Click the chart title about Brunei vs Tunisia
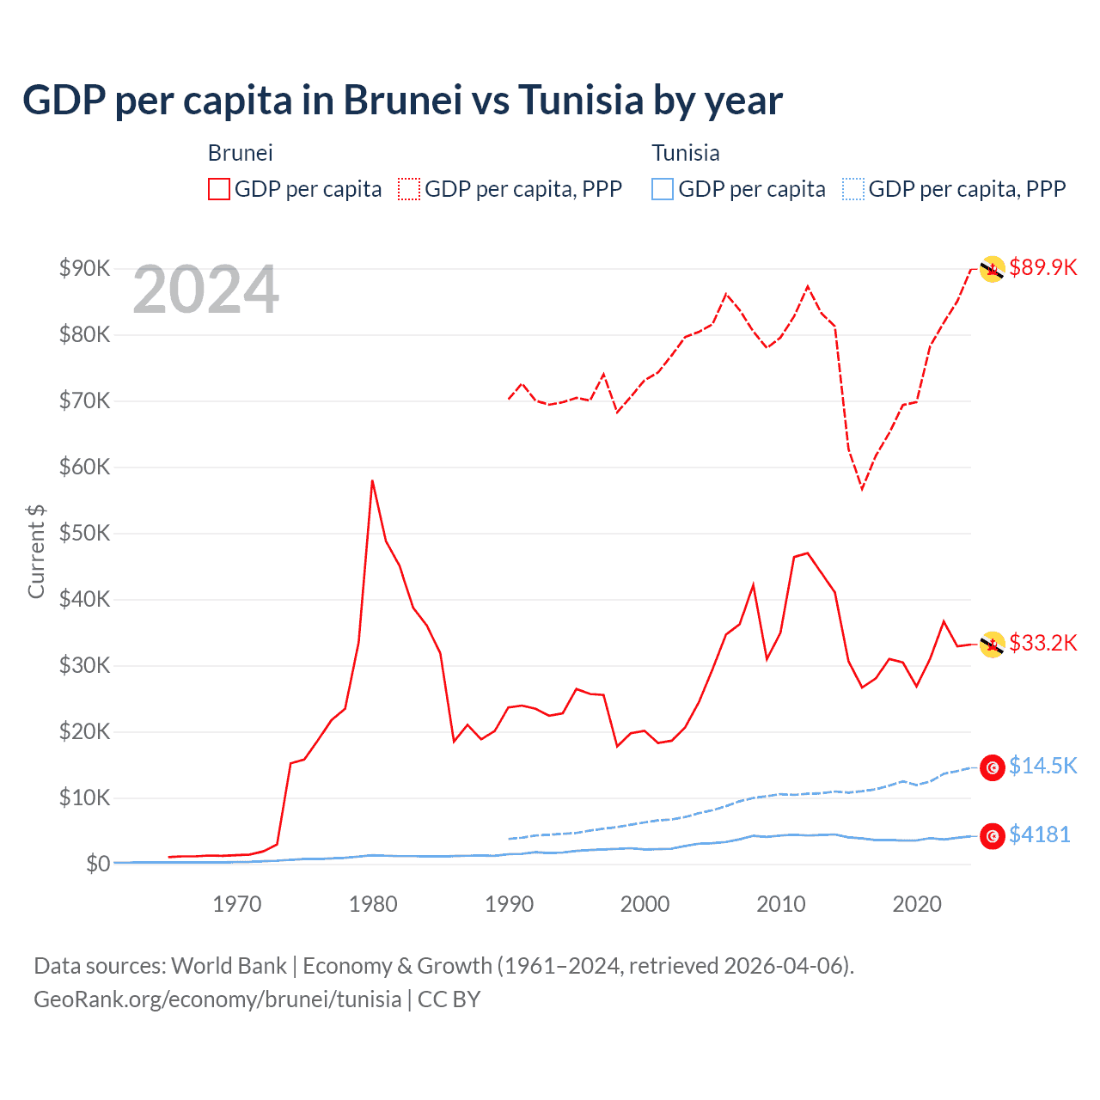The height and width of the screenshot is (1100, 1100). (402, 101)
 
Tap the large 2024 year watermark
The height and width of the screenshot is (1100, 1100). (205, 290)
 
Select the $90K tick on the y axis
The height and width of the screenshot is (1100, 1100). (84, 268)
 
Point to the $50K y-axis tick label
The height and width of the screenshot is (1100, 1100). (84, 533)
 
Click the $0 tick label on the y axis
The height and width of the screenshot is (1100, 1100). (98, 864)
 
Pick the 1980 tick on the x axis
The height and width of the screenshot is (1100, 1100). (373, 904)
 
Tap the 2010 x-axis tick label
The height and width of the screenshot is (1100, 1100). (780, 904)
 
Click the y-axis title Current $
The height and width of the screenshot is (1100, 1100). (36, 551)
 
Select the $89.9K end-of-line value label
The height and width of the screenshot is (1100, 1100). (1042, 267)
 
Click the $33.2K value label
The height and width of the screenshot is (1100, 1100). (1042, 643)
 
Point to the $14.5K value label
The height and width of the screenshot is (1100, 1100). (1042, 766)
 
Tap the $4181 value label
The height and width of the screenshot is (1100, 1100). (1039, 834)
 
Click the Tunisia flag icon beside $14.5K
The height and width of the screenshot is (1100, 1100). (993, 767)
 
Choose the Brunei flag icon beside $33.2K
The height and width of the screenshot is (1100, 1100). (993, 645)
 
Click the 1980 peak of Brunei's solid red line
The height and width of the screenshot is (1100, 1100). (372, 481)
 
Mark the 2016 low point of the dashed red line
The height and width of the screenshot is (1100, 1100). (862, 489)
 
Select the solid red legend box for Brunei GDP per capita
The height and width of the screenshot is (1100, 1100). (219, 189)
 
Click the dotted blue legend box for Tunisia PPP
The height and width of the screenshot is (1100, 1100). (852, 189)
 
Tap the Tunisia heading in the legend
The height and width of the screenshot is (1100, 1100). (685, 153)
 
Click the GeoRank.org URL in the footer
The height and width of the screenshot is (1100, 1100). (217, 999)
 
